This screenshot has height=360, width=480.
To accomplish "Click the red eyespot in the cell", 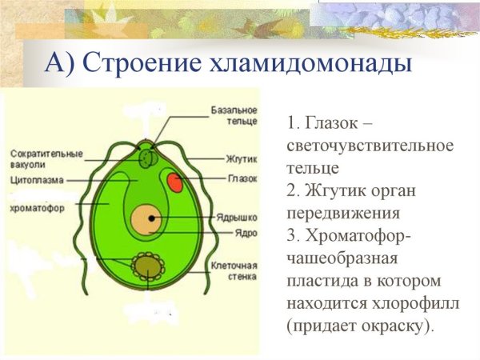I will click(x=174, y=184).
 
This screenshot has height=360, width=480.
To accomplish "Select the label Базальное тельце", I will click(x=234, y=115).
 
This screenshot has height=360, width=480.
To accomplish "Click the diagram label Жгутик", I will click(x=241, y=160).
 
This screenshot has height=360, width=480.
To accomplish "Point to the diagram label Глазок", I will click(x=242, y=178).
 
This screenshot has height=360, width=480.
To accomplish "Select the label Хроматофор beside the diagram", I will click(x=37, y=209).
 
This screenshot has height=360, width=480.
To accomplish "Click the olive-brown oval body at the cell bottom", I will click(x=147, y=264).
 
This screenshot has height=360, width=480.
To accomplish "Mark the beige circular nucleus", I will click(x=146, y=218).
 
